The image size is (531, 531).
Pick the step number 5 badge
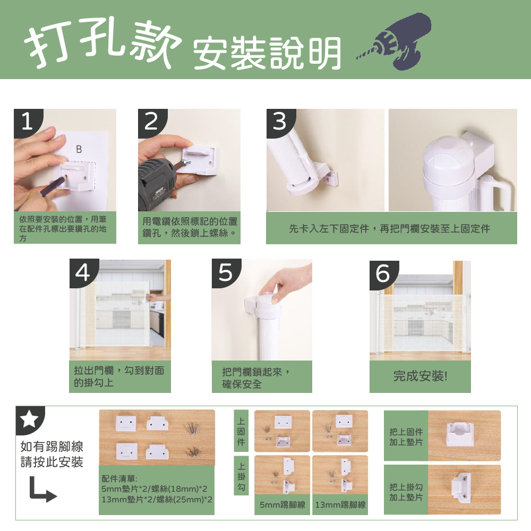click(x=226, y=272)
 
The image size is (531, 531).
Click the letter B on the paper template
click(x=79, y=149)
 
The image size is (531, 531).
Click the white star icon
click(x=29, y=419)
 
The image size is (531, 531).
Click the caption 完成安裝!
click(x=420, y=376)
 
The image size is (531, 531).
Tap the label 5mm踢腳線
click(x=282, y=505)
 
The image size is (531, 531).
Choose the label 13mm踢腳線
click(x=340, y=505)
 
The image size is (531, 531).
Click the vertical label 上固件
click(x=241, y=431)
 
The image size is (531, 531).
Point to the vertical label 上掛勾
click(x=241, y=476)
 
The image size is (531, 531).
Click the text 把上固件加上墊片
click(x=406, y=437)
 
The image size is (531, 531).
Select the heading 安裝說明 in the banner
click(x=267, y=54)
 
